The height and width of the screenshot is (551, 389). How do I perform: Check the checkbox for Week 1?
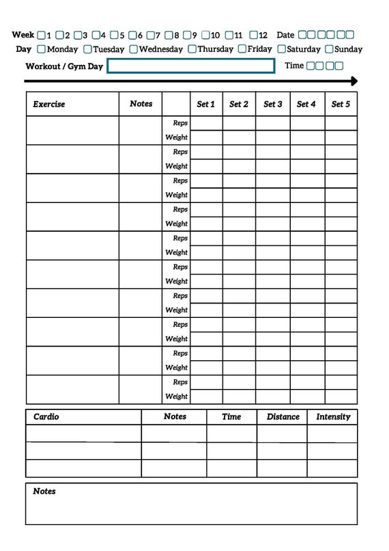tap(42, 35)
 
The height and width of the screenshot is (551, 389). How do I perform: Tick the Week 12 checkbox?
tap(253, 35)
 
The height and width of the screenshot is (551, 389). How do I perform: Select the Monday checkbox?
tap(42, 49)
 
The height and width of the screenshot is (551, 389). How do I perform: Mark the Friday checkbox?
tap(242, 49)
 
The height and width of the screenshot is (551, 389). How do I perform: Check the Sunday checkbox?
tap(330, 49)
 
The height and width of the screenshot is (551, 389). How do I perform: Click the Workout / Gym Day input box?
tap(191, 66)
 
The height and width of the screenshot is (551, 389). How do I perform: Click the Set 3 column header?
tap(273, 105)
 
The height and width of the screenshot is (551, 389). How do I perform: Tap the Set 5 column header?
tap(341, 105)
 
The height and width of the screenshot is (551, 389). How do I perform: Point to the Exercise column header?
tap(49, 105)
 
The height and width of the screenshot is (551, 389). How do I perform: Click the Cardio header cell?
tap(46, 416)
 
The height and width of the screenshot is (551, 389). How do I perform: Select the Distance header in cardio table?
tap(283, 416)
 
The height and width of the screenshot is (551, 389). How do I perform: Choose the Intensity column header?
tap(333, 416)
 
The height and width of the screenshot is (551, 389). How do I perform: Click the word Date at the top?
tap(285, 35)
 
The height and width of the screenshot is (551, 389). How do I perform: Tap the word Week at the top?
tap(23, 35)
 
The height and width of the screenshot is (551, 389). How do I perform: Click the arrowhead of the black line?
tap(353, 81)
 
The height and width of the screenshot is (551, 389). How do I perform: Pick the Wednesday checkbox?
tap(134, 49)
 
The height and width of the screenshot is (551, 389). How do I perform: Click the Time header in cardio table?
tap(231, 416)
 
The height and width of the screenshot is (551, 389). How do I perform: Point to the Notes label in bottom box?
tap(44, 492)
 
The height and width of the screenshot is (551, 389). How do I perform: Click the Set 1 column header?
tap(205, 105)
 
